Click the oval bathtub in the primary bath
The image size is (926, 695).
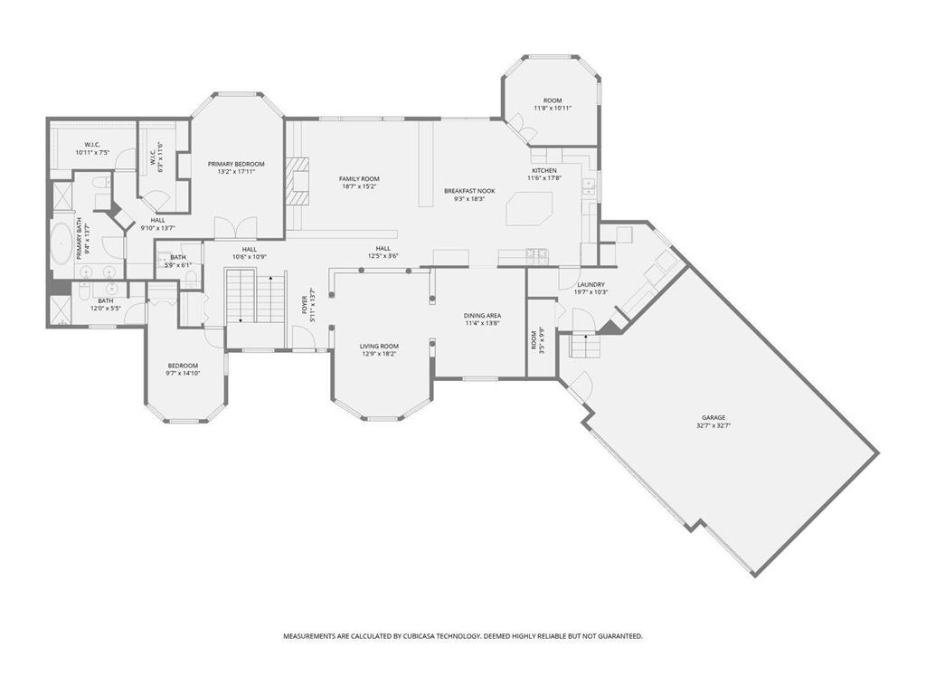[x=62, y=245]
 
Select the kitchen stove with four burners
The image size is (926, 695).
[x=537, y=252]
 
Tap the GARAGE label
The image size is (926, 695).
[x=713, y=417]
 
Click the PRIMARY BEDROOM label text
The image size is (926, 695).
[x=236, y=164]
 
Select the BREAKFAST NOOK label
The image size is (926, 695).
[x=469, y=191]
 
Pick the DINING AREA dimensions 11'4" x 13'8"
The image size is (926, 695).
[x=482, y=323]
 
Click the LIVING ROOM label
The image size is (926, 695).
[x=379, y=346]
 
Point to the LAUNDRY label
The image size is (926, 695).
[x=591, y=284]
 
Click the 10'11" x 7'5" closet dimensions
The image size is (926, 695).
[x=92, y=153]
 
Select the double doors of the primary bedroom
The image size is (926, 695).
[x=228, y=228]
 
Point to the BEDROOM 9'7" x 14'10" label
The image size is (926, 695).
[x=182, y=366]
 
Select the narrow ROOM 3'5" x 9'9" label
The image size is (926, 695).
[x=534, y=339]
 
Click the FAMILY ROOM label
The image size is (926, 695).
[x=359, y=179]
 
